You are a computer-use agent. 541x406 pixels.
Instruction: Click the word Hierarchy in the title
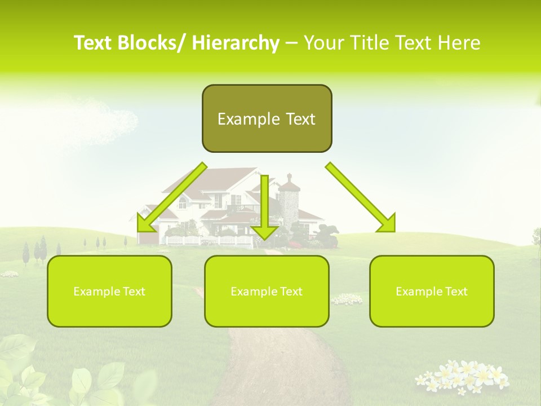pyautogui.click(x=236, y=43)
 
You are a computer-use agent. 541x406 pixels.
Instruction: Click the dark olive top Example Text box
pyautogui.click(x=267, y=118)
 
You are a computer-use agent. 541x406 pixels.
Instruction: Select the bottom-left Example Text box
pyautogui.click(x=109, y=291)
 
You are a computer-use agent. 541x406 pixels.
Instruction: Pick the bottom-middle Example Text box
pyautogui.click(x=267, y=291)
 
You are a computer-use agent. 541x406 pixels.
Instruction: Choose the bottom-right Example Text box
pyautogui.click(x=432, y=291)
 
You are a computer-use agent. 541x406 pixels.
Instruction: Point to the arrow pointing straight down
pyautogui.click(x=264, y=209)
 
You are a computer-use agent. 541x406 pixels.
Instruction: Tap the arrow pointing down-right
pyautogui.click(x=361, y=197)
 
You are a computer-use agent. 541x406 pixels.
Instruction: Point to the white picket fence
pyautogui.click(x=209, y=241)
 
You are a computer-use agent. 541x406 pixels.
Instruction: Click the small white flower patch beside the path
pyautogui.click(x=347, y=299)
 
